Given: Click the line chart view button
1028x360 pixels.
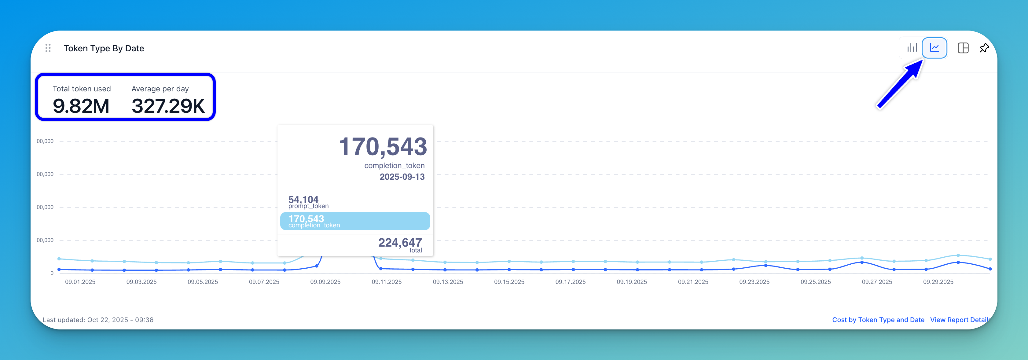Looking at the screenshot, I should pos(934,48).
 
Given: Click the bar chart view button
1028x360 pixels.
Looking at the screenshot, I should pos(912,48).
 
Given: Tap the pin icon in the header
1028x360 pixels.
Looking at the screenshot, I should pos(984,48).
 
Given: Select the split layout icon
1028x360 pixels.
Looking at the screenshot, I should pos(963,48).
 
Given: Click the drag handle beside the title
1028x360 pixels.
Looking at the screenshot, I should pos(48,48).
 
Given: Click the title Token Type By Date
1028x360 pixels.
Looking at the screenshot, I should pos(104,48).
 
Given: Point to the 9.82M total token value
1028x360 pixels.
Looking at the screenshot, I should pos(81,106).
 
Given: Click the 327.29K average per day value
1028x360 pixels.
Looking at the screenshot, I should pos(168,106).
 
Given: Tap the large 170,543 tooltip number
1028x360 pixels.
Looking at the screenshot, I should pos(383,146).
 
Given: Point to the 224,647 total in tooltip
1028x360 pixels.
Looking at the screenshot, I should pos(400,242).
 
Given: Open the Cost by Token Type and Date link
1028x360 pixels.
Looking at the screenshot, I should pos(878,320).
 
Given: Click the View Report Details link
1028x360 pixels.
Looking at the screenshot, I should pos(959,320).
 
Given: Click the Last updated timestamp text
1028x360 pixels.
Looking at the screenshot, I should pos(98,320).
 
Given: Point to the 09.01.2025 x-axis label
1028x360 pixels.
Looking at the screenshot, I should pos(80,282).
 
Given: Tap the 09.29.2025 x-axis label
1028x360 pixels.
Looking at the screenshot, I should pos(938,282).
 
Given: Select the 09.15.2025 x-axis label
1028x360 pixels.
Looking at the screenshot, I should pos(509,282).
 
